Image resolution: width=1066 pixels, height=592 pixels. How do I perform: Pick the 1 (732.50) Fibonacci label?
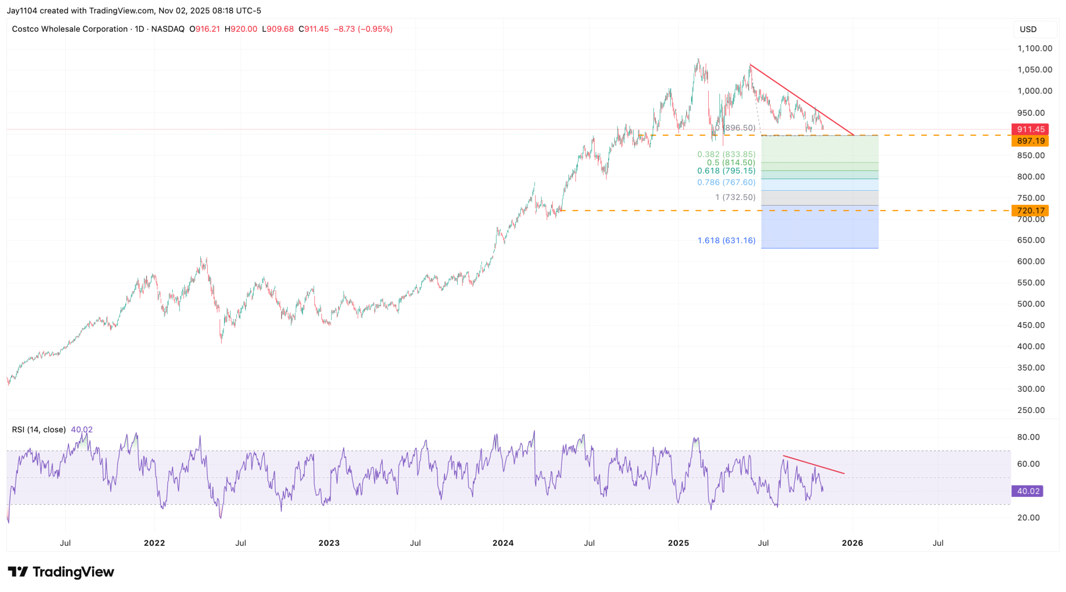(x=735, y=197)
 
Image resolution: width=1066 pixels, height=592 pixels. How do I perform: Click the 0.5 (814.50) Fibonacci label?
(x=730, y=162)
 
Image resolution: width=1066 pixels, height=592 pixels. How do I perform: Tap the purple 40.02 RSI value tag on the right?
(x=1028, y=491)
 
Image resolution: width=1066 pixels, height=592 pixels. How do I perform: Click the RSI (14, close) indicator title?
(x=39, y=429)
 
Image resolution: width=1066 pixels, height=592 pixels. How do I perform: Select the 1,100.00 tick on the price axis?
(x=1034, y=48)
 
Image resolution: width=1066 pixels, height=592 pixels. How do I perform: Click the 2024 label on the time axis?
(x=503, y=543)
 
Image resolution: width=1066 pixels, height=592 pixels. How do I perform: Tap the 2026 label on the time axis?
(x=852, y=543)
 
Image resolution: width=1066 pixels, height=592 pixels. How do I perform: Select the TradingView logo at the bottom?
(x=61, y=572)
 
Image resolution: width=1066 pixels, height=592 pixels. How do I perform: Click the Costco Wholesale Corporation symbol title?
(x=70, y=29)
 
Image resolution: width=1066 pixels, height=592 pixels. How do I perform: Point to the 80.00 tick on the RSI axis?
(x=1028, y=437)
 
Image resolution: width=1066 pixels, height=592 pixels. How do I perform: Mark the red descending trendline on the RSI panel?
(x=813, y=465)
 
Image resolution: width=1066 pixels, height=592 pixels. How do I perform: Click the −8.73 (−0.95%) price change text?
(x=363, y=29)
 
